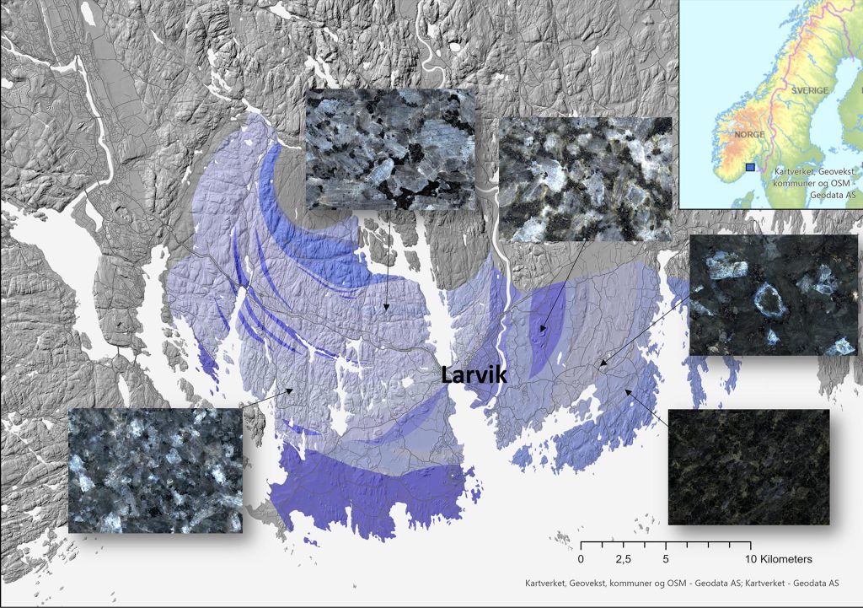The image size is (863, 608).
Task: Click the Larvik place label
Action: click(x=474, y=374)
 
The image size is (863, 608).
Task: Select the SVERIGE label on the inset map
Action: click(x=811, y=90)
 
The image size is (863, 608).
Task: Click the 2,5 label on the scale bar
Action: click(x=624, y=559)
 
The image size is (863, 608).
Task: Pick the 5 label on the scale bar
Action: click(x=667, y=559)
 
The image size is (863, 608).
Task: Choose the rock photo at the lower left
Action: click(x=155, y=471)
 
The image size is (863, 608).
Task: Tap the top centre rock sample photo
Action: click(x=389, y=149)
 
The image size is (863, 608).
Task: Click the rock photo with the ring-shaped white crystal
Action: click(x=773, y=295)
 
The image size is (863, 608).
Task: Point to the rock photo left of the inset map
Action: click(x=585, y=179)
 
